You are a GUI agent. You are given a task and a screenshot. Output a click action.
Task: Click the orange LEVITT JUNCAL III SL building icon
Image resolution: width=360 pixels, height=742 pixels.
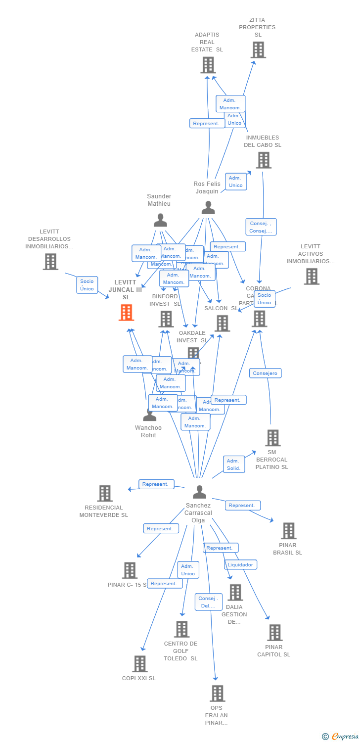click(127, 313)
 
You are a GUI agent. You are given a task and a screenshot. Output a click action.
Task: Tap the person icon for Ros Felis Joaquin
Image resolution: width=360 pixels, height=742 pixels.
click(208, 208)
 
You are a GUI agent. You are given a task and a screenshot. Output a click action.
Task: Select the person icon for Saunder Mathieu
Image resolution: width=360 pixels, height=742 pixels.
click(160, 220)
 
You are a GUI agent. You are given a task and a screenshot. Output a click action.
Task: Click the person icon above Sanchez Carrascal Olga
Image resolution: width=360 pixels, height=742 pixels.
click(199, 492)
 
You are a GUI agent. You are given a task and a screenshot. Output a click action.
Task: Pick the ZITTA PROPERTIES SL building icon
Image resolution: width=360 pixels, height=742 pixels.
click(258, 50)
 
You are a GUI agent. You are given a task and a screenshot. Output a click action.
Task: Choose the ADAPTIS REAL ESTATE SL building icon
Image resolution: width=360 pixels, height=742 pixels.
click(208, 65)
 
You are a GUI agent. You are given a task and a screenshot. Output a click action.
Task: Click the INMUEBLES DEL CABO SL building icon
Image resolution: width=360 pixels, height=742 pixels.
click(264, 160)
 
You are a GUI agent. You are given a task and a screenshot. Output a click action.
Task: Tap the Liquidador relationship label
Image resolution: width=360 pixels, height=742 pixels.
click(241, 564)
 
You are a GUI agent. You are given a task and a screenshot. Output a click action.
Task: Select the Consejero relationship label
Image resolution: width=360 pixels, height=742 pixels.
click(265, 373)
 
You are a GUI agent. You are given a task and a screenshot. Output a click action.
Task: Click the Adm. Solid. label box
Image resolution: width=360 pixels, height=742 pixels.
click(233, 464)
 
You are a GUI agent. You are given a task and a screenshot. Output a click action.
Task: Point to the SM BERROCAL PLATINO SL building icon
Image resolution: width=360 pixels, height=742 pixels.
click(272, 438)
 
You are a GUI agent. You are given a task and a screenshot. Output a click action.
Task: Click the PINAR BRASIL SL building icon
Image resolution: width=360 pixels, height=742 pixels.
click(288, 531)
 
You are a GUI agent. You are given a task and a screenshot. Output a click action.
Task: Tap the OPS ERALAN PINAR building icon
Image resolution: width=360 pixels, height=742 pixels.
click(217, 694)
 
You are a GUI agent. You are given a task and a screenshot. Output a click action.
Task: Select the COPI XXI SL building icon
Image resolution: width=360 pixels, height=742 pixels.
click(140, 664)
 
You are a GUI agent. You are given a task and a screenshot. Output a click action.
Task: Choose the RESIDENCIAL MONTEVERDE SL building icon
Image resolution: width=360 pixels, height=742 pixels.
click(105, 493)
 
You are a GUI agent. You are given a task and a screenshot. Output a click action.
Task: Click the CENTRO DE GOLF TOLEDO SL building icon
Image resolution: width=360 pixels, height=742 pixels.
click(181, 629)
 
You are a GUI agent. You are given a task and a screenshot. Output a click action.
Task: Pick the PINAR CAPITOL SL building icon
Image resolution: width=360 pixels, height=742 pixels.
click(274, 633)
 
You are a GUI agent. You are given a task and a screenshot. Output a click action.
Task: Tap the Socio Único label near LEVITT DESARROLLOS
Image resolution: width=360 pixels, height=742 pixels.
click(87, 285)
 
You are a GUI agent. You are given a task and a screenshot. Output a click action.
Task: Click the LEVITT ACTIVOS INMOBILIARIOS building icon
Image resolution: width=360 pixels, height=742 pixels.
click(311, 277)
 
